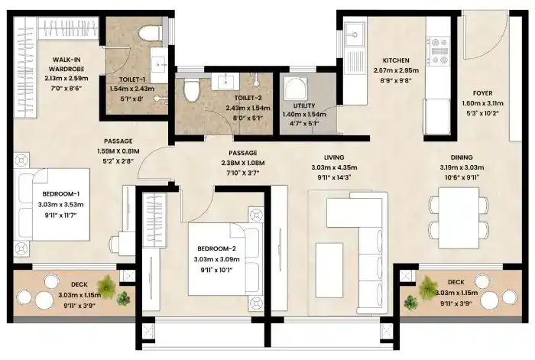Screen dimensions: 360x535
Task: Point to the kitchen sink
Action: [354, 36]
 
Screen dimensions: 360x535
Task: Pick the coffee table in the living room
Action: [331, 263]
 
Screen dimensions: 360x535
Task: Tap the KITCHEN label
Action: [397, 60]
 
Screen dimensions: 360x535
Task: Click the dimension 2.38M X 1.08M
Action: [242, 163]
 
